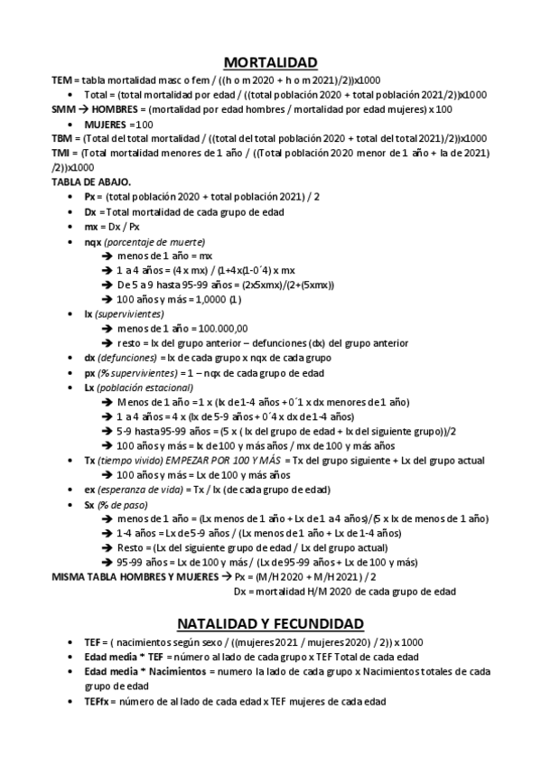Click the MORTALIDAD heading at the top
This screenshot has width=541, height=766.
270,62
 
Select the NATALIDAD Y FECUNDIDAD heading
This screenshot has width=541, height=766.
270,623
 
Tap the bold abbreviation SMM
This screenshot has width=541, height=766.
63,108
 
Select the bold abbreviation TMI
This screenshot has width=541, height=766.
62,153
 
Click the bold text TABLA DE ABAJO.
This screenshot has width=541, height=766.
92,181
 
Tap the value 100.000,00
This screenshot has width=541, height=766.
221,328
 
